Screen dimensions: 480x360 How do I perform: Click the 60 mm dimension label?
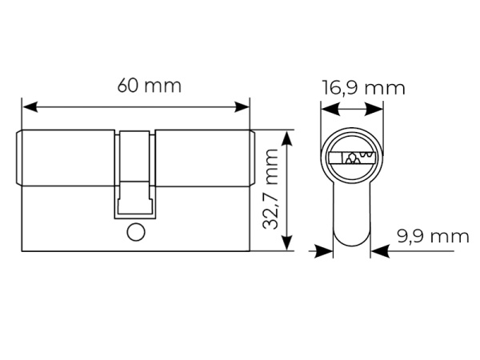(x=150, y=86)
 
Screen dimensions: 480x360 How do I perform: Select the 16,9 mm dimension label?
(x=363, y=88)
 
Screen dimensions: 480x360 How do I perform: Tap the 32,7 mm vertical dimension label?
(x=270, y=189)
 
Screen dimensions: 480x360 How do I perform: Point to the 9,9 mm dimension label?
(x=433, y=236)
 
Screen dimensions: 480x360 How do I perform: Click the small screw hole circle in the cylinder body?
(x=136, y=232)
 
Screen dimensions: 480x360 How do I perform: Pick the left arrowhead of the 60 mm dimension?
(x=30, y=107)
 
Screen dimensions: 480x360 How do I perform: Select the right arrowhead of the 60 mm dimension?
(x=242, y=107)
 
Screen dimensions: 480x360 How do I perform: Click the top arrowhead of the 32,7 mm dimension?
(x=287, y=138)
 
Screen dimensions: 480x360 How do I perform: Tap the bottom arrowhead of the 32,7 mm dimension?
(x=287, y=242)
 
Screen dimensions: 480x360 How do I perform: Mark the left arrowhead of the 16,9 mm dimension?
(x=330, y=110)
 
